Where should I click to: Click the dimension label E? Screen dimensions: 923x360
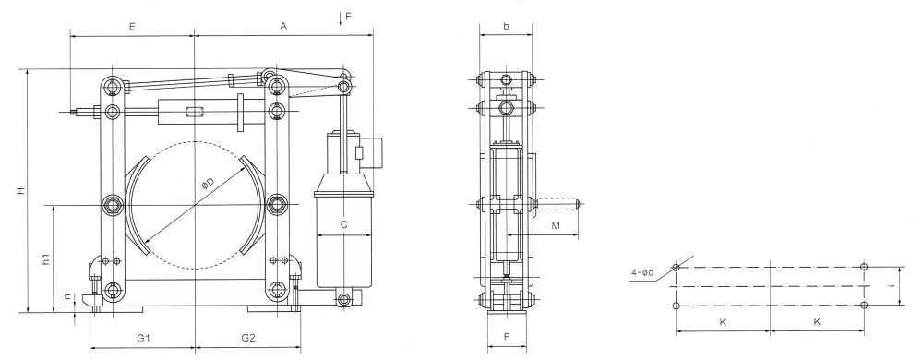pos(132,26)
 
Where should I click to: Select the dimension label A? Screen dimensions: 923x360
pos(283,26)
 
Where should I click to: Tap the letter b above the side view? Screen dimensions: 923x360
pos(506,26)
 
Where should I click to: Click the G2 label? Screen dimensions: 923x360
pos(247,338)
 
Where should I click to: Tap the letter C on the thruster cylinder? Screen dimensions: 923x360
pos(344,224)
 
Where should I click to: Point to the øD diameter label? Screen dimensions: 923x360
pos(208,185)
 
